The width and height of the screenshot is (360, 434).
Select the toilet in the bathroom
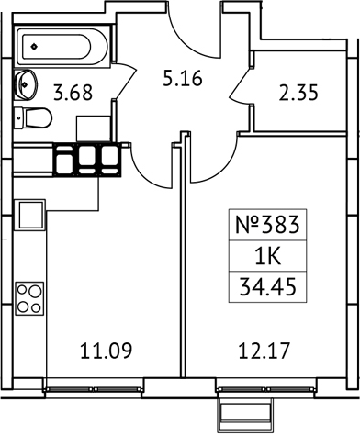(36, 118)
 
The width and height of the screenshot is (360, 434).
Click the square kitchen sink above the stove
(29, 217)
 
